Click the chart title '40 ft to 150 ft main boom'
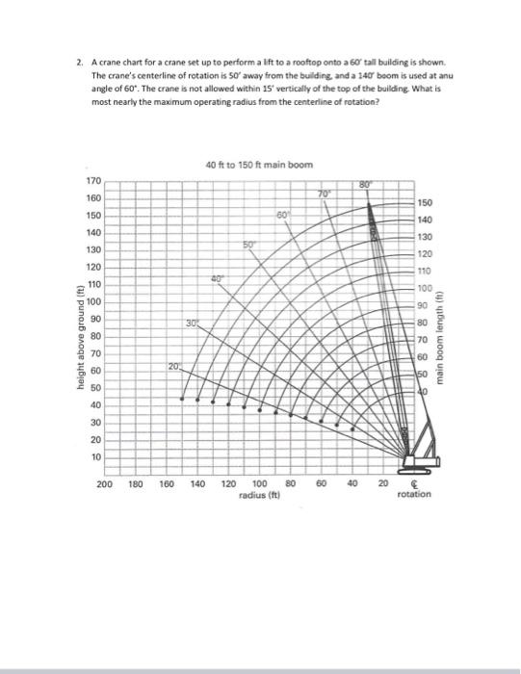(x=259, y=166)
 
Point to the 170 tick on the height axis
(x=93, y=181)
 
